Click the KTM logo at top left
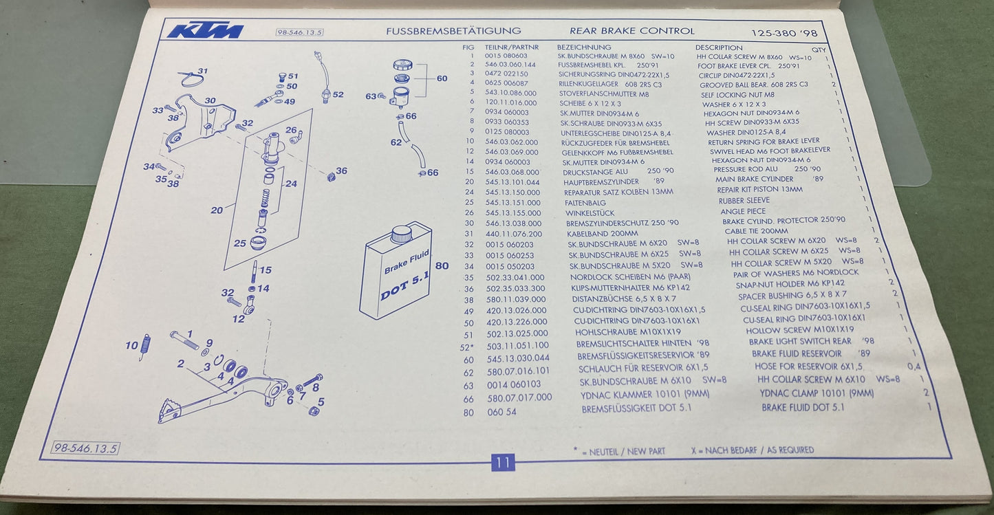pos(206,31)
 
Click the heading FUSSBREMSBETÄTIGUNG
pos(453,31)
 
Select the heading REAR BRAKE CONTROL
pos(631,31)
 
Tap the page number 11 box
pos(502,463)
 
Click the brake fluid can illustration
pos(396,270)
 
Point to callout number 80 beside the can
pos(442,265)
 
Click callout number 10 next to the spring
pos(131,346)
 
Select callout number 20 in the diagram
pos(217,210)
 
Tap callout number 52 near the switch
pos(337,94)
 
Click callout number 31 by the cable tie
pos(202,71)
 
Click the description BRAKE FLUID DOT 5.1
pos(802,408)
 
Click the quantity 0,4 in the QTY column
pos(914,366)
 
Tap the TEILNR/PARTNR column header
pos(511,47)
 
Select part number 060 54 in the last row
pos(501,412)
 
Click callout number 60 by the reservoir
pos(442,78)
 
